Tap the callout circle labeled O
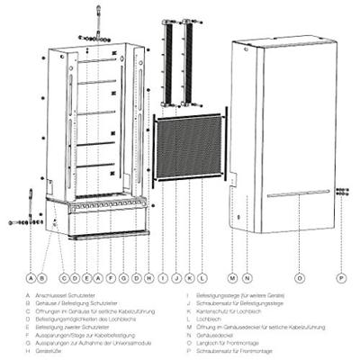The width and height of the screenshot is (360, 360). [300, 279]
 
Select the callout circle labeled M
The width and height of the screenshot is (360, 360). [232, 279]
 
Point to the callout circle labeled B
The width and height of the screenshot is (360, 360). [42, 279]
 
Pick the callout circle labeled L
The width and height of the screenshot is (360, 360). [204, 279]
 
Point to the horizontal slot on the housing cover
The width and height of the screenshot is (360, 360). [297, 193]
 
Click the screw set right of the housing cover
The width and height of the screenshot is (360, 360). [342, 191]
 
